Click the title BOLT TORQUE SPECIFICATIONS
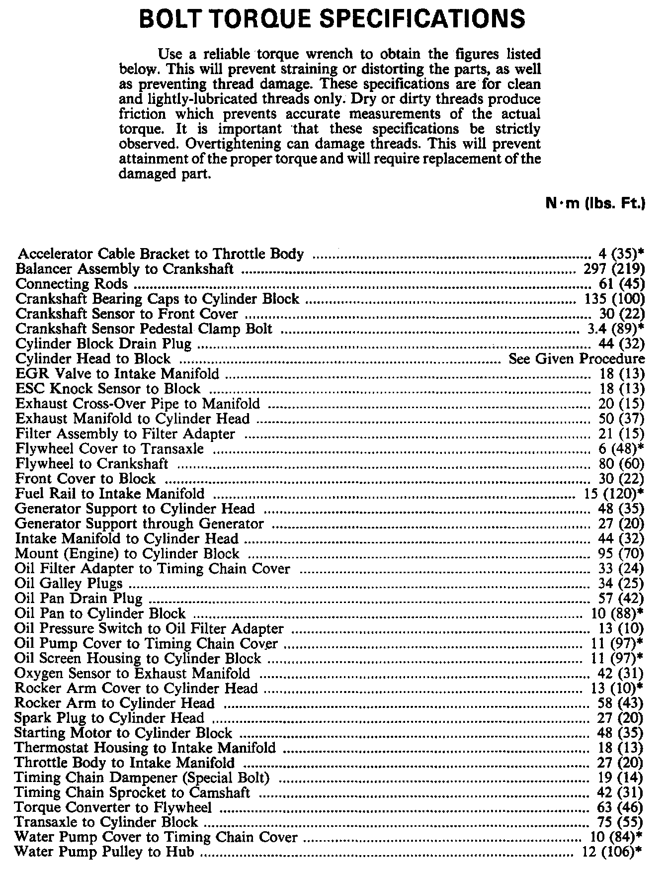pos(333,19)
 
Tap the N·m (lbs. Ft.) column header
pos(595,203)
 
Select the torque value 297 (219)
pos(612,269)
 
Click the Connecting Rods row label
pos(72,284)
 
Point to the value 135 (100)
pos(612,299)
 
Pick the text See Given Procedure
pos(577,359)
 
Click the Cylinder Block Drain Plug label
pos(103,344)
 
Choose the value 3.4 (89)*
pos(612,329)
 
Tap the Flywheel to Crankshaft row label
pos(92,464)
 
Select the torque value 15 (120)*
pos(612,494)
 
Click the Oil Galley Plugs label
pos(69,583)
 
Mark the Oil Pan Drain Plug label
pos(79,598)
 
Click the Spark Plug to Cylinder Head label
pos(109,718)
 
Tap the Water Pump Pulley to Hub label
pos(104,852)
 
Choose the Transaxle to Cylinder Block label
pos(106,822)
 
